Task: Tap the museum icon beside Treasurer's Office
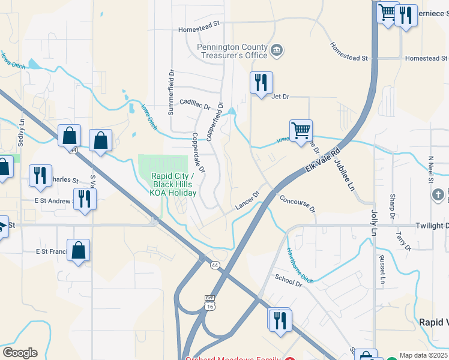click(277, 49)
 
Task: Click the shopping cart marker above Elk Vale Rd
click(301, 131)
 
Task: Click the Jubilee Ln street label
click(346, 171)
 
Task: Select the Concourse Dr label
click(297, 204)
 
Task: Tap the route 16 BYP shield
click(209, 302)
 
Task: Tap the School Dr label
click(288, 280)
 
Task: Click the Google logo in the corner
click(20, 353)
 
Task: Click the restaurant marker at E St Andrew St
click(84, 199)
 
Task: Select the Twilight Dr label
click(432, 226)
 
